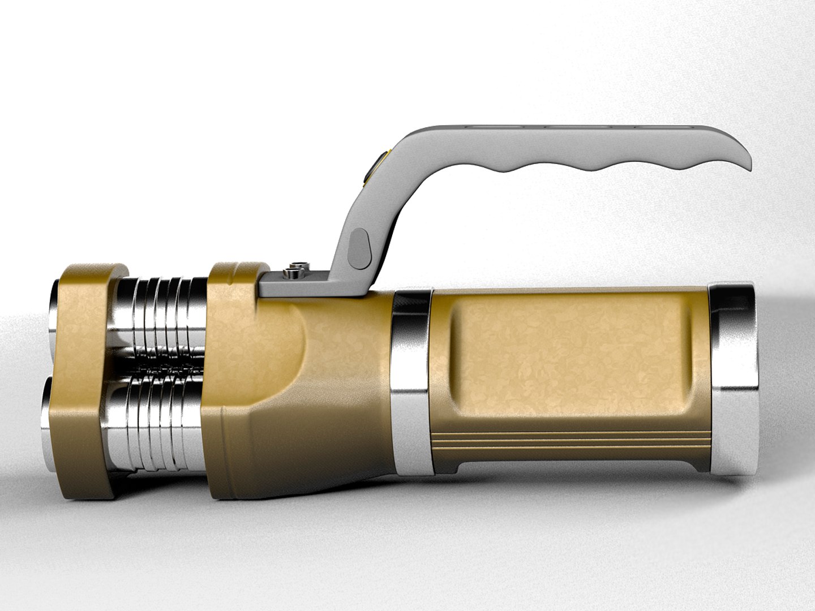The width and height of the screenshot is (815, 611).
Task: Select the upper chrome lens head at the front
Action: pyautogui.click(x=55, y=308)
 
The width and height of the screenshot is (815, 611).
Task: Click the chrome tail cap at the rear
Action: pyautogui.click(x=734, y=376)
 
